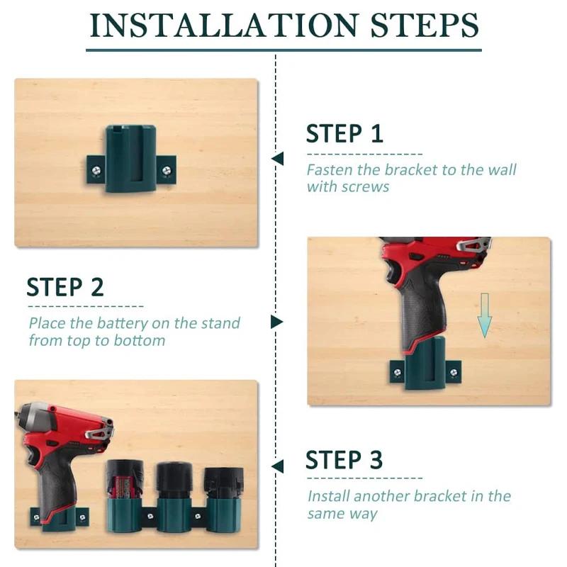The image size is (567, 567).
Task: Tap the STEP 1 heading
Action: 344,133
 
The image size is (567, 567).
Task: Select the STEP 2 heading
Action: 65,287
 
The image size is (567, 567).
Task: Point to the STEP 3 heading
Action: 344,460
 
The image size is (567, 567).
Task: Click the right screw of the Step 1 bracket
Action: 166,169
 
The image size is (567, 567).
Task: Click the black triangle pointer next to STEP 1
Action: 277,158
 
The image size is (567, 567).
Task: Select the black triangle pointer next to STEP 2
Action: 276,322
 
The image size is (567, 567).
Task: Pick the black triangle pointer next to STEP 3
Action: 277,466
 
